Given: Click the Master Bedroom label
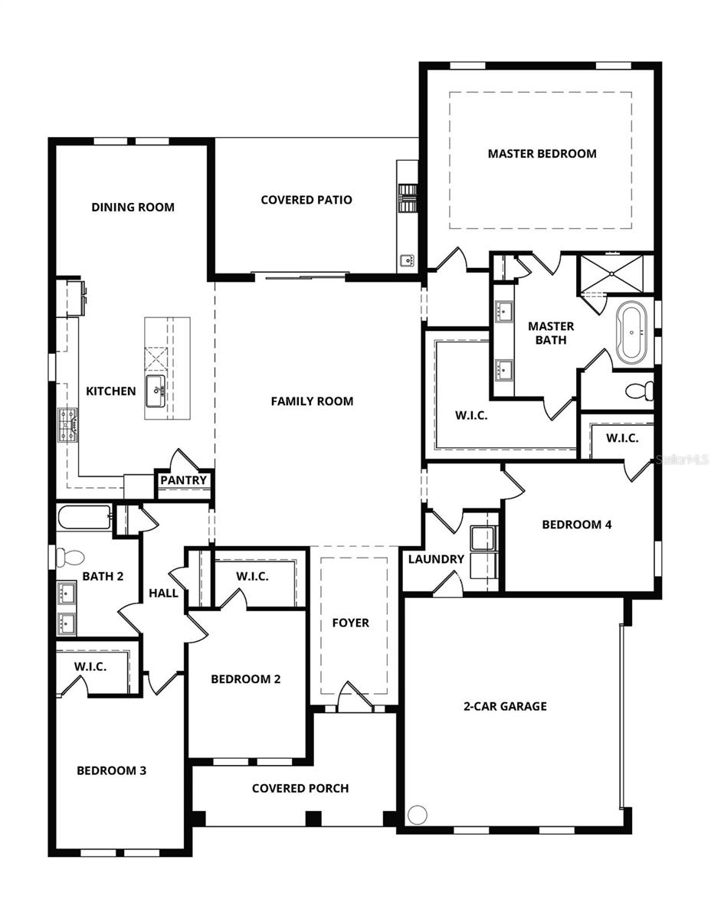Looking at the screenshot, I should click(542, 153).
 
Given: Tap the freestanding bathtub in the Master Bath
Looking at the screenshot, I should click(633, 333).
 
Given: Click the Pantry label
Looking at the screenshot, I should click(184, 480).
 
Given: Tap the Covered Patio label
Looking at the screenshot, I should click(306, 200).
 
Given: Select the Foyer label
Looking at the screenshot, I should click(350, 623).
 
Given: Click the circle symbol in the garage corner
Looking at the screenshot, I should click(417, 815).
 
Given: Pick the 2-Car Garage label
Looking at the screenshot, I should click(505, 706).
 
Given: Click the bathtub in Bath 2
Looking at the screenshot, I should click(84, 518).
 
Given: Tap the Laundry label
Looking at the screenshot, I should click(436, 559).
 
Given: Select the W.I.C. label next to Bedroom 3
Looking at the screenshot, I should click(90, 666).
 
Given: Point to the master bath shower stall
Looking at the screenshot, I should click(614, 273).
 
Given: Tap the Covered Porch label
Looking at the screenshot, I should click(300, 788).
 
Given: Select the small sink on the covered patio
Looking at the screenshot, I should click(406, 260).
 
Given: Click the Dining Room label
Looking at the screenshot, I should click(133, 207).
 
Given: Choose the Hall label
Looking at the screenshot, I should click(163, 593).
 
